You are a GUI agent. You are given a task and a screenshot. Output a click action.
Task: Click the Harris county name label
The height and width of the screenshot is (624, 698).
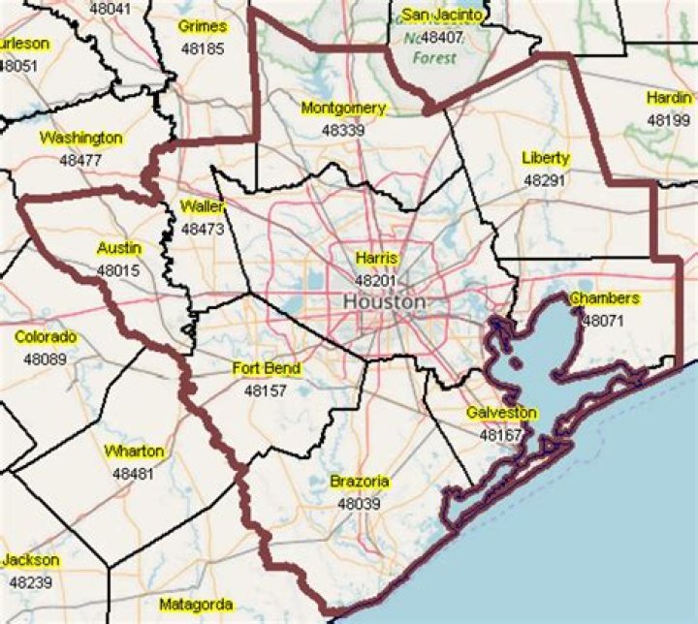tap(376, 259)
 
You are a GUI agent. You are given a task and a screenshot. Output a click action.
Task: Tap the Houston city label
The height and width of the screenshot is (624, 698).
tap(384, 301)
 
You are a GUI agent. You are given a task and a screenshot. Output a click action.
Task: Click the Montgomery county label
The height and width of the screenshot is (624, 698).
tap(343, 109)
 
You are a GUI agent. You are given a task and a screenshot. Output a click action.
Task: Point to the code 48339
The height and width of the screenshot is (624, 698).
tap(343, 129)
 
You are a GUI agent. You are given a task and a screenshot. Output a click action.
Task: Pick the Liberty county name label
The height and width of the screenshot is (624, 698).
tap(545, 158)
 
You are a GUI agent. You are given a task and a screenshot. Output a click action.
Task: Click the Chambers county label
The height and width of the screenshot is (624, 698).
tap(604, 298)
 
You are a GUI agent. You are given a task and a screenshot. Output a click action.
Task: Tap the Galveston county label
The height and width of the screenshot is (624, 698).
tap(501, 414)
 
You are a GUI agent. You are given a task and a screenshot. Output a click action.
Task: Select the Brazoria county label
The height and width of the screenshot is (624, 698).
tap(359, 482)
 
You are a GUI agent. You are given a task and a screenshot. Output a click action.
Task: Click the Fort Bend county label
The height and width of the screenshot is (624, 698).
tap(267, 369)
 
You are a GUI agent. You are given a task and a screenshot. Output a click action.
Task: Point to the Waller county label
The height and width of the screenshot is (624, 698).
tap(203, 207)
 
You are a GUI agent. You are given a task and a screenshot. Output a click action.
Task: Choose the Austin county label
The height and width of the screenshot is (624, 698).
tap(119, 249)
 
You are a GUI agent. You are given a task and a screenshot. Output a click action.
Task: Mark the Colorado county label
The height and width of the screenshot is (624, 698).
tap(46, 338)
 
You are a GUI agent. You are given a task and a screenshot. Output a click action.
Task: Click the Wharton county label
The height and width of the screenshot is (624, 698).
tap(134, 452)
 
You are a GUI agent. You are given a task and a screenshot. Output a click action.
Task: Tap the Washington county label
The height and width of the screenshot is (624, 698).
tap(80, 138)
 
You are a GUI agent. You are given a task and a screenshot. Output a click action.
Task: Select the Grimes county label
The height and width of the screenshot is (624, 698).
tap(203, 27)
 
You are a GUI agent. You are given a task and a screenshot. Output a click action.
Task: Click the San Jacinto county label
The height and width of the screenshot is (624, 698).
tap(442, 15)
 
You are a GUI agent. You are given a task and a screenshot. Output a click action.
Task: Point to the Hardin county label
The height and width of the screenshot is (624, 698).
tap(669, 99)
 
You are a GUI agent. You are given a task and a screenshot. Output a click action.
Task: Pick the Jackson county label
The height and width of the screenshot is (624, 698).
tap(30, 561)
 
